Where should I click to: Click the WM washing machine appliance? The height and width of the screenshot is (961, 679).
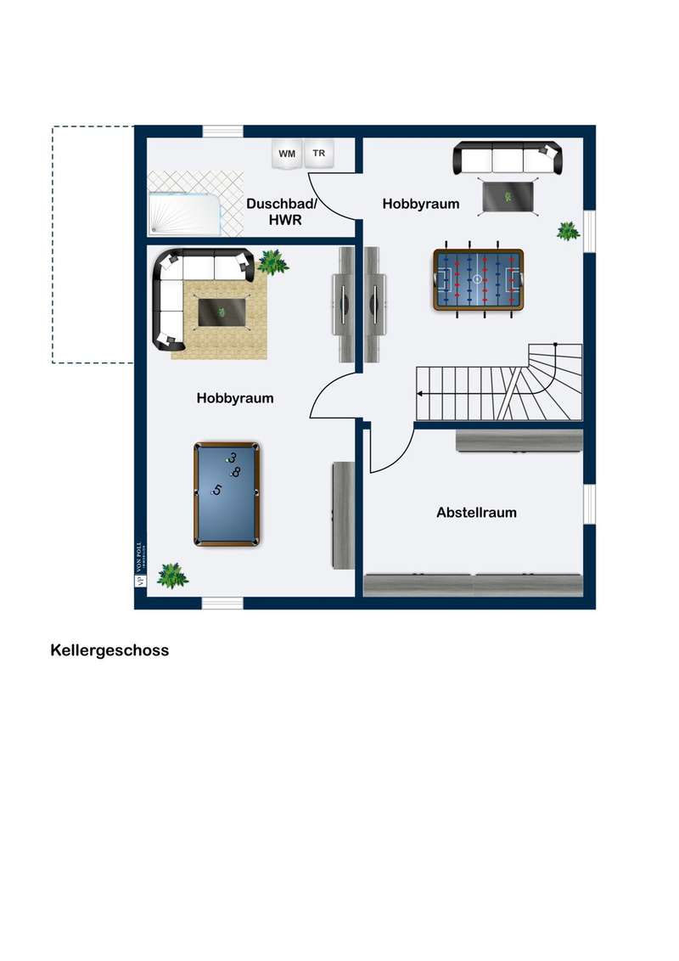pyautogui.click(x=287, y=154)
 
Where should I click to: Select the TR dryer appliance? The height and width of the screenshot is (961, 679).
pyautogui.click(x=318, y=153)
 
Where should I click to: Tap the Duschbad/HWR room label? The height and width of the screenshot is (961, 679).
pyautogui.click(x=282, y=211)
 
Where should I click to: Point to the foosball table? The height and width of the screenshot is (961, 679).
pyautogui.click(x=478, y=279)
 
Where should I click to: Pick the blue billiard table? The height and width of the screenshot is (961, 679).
pyautogui.click(x=227, y=494)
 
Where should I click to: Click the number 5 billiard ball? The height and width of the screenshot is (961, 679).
pyautogui.click(x=216, y=491)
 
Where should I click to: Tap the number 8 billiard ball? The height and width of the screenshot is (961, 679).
pyautogui.click(x=235, y=472)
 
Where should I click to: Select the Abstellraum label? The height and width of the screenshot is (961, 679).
pyautogui.click(x=476, y=513)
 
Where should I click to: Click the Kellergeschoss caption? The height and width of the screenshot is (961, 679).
pyautogui.click(x=109, y=650)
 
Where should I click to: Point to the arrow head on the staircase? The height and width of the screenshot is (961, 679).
pyautogui.click(x=420, y=393)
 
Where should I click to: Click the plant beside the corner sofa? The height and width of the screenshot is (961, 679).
pyautogui.click(x=272, y=262)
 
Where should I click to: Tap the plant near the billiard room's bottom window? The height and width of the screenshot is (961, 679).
pyautogui.click(x=172, y=576)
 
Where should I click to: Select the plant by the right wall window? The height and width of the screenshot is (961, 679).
pyautogui.click(x=568, y=231)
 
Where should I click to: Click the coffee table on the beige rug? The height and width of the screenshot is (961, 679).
pyautogui.click(x=222, y=312)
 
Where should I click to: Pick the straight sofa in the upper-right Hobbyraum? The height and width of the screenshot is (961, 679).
pyautogui.click(x=508, y=159)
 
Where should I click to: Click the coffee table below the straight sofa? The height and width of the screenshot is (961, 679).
pyautogui.click(x=508, y=197)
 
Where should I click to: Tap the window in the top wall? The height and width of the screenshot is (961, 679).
pyautogui.click(x=223, y=131)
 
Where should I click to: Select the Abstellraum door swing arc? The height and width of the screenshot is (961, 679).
pyautogui.click(x=392, y=451)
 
